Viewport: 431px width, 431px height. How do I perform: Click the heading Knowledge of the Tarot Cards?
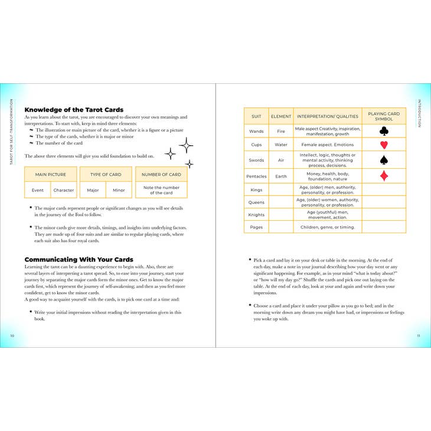point(74,110)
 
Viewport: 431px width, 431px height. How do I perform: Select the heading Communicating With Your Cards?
point(79,259)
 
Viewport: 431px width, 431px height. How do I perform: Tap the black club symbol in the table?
point(384,131)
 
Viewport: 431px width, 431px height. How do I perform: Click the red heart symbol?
point(384,145)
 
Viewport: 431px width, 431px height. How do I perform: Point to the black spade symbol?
point(384,160)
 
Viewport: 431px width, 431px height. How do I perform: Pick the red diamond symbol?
point(384,176)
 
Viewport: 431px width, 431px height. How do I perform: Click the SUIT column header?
point(256,116)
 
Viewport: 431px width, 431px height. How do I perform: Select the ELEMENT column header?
point(281,116)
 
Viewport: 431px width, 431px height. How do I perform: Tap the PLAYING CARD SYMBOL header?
point(384,116)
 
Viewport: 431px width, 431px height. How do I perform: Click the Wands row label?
point(256,131)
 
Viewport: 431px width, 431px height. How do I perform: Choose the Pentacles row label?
point(256,176)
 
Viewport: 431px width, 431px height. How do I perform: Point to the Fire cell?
point(281,131)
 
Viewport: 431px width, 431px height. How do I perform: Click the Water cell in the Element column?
point(281,145)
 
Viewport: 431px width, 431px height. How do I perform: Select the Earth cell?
point(281,176)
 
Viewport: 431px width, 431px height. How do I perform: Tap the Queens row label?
point(256,202)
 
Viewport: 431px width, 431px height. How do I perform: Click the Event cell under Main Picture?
point(38,190)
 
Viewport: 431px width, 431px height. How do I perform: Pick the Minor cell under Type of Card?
point(119,190)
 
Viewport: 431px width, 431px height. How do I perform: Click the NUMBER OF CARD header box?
point(161,175)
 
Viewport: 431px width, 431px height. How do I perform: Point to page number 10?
point(12,335)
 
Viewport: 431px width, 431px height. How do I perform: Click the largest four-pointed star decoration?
point(186,145)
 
